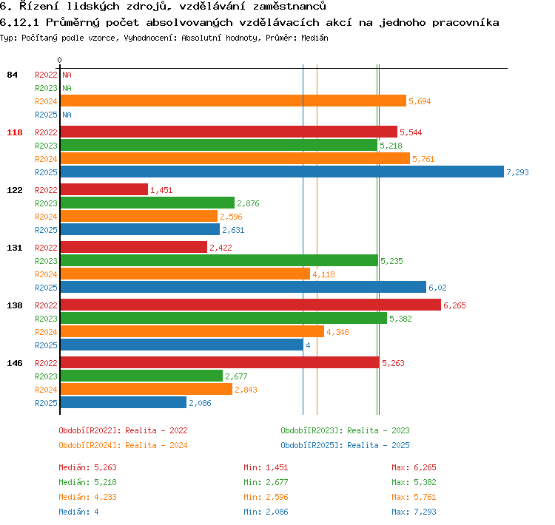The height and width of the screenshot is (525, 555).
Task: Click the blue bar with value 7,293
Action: [282, 172]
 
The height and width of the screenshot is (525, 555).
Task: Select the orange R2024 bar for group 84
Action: [233, 101]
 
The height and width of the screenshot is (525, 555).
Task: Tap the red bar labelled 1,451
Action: [104, 189]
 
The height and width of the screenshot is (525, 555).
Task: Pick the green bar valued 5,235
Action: [220, 260]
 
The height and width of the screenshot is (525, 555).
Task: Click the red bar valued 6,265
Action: [251, 305]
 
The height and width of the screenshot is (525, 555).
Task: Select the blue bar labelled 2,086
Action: [124, 402]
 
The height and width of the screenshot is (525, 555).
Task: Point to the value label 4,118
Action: [323, 274]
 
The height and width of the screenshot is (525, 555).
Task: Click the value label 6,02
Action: [437, 288]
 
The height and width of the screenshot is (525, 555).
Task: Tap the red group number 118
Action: [15, 132]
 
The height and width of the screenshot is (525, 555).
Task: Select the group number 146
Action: [15, 363]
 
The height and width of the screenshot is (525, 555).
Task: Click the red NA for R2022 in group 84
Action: [67, 75]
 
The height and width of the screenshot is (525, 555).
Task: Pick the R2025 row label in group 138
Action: [46, 345]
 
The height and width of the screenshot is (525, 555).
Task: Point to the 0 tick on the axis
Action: [59, 60]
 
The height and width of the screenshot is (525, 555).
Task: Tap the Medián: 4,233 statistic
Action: [87, 497]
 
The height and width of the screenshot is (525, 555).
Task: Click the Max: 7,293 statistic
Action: [414, 512]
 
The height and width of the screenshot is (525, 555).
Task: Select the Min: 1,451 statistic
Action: [266, 467]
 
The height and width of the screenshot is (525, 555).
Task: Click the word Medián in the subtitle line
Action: [314, 38]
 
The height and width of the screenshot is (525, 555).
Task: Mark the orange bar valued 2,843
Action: [147, 389]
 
